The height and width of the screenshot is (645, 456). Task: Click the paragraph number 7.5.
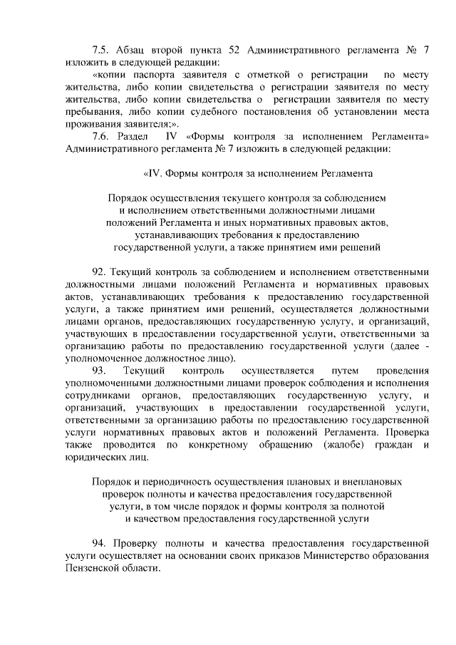coord(101,49)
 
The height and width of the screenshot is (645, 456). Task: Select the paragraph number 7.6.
coord(101,136)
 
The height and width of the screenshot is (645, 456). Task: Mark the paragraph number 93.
coord(99,371)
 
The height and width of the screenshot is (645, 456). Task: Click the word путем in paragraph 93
coord(342,371)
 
